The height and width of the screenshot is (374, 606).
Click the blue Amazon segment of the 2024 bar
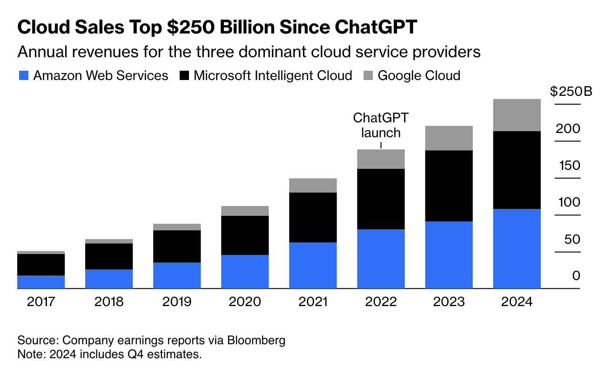click(x=517, y=248)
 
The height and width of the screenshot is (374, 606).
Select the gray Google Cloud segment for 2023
click(x=449, y=138)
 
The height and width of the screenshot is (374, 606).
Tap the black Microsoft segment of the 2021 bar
click(x=313, y=217)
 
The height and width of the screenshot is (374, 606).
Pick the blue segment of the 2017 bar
click(x=41, y=282)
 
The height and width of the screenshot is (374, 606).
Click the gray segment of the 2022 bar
click(x=381, y=159)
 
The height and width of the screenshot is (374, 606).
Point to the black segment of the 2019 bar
click(x=177, y=246)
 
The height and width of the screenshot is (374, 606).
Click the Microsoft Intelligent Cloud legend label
click(x=273, y=75)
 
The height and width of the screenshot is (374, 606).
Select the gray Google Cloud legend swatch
click(x=368, y=75)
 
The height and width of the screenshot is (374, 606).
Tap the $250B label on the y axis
click(x=571, y=91)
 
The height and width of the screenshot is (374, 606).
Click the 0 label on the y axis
click(x=576, y=276)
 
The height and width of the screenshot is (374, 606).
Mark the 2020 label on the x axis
click(x=245, y=302)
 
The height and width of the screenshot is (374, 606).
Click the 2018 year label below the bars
click(x=109, y=302)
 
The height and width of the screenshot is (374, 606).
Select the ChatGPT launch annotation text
click(x=381, y=125)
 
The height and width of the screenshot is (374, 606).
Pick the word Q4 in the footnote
click(x=129, y=354)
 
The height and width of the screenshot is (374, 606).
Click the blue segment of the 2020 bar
click(x=245, y=272)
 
